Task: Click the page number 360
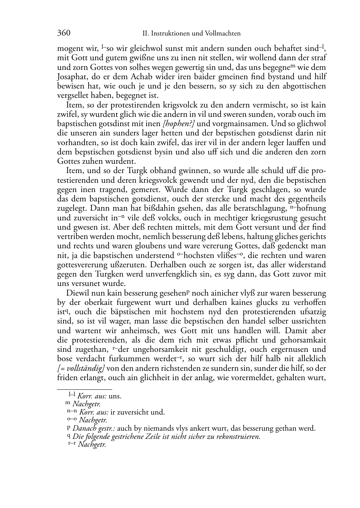(63, 33)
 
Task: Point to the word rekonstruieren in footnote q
(238, 437)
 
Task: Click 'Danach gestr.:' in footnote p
(94, 428)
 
